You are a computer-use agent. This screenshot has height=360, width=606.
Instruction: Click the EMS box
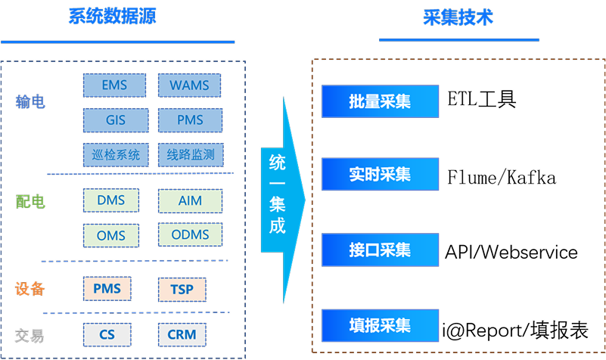114,85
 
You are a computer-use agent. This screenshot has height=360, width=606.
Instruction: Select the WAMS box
189,85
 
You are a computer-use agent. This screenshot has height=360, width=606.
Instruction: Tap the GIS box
114,120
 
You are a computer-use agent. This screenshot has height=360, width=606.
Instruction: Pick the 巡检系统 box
114,155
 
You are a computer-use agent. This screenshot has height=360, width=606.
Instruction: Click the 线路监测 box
191,155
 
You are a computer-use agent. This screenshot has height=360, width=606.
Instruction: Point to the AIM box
191,200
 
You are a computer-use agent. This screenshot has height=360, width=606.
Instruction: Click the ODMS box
191,235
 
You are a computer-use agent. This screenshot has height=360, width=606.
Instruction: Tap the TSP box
182,289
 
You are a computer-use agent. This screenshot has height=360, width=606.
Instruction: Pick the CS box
107,334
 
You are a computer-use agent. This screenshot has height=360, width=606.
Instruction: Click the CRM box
182,334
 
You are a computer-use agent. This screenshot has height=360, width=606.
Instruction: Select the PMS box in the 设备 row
107,288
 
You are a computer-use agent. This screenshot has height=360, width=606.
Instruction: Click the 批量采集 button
380,101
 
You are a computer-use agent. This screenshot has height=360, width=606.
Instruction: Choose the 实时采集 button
380,175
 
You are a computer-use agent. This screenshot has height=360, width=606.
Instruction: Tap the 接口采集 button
380,250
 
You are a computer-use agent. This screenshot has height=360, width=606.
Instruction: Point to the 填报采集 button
380,325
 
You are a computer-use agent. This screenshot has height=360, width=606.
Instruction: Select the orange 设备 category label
30,288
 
